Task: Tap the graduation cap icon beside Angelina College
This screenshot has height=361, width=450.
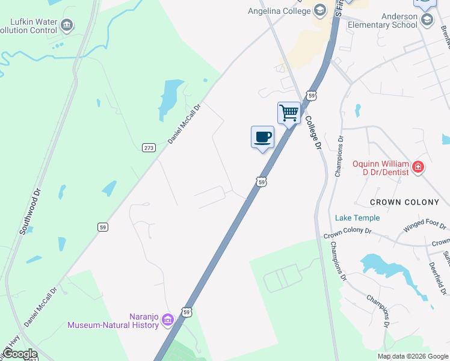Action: pos(319,10)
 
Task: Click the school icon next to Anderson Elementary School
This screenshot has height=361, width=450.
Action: pos(427,20)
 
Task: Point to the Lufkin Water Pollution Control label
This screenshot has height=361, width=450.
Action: pos(34,26)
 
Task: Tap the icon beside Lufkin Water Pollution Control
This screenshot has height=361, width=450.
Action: pos(67,25)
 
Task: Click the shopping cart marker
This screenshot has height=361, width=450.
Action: pos(289,113)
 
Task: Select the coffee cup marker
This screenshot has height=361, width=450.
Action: pos(262,137)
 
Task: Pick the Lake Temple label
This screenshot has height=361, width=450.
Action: pos(357,218)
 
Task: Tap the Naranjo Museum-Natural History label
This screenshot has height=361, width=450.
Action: pos(113,321)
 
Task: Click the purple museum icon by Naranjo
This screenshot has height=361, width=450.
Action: pos(168,319)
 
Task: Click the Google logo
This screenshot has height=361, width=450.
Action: pos(20,354)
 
